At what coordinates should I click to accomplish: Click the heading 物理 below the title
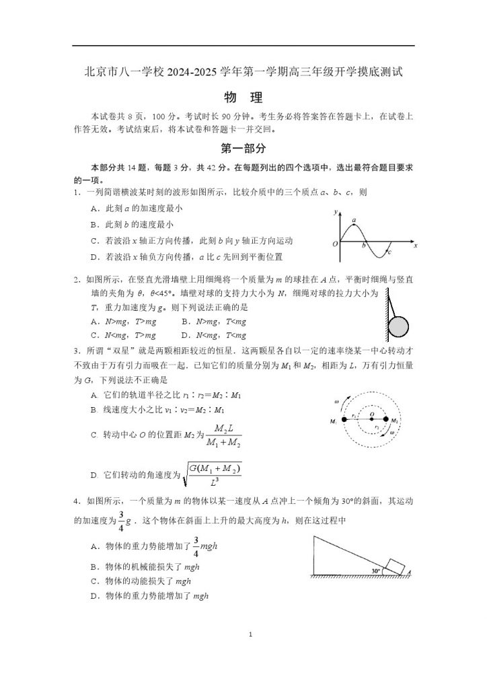[243, 98]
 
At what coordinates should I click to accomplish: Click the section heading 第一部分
[243, 148]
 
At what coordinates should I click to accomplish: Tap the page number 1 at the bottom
[250, 634]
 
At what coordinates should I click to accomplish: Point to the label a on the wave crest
[353, 220]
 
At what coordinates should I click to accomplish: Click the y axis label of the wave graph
[334, 213]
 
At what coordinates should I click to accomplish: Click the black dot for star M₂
[385, 421]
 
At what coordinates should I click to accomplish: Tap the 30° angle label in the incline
[376, 571]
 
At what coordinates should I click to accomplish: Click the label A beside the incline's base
[409, 573]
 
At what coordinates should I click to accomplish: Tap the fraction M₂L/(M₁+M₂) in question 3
[217, 436]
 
